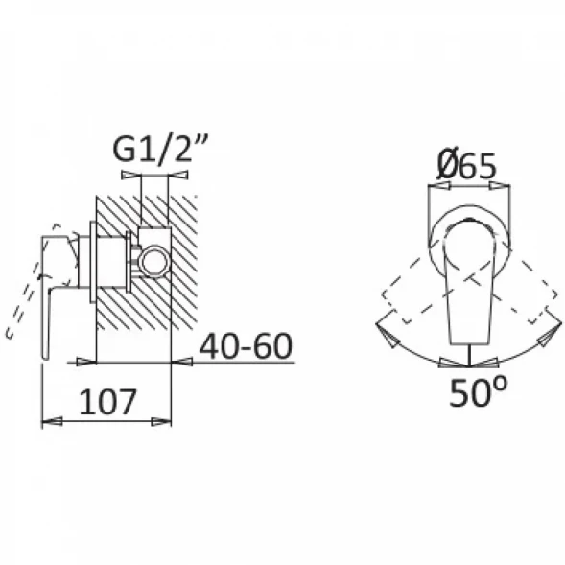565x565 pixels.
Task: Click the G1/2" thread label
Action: coord(160,148)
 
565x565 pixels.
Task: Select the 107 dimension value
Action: coord(107,401)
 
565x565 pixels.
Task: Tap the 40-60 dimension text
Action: coord(246,346)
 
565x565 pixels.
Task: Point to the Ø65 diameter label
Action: coord(467,164)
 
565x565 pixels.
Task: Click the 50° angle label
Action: coord(478,391)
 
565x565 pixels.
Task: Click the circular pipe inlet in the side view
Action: coord(154,261)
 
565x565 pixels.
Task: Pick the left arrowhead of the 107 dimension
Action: coord(52,421)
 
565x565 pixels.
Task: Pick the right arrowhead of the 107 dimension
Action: coord(161,421)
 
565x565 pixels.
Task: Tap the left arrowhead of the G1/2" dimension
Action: coord(130,176)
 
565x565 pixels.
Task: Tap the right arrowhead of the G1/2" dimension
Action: coord(178,176)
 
